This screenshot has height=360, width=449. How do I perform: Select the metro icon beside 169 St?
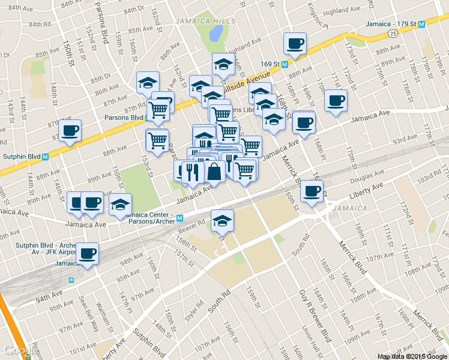[x=285, y=63]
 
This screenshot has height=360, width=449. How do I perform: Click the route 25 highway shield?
[x=391, y=34]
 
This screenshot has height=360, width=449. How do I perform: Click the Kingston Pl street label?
[x=318, y=16]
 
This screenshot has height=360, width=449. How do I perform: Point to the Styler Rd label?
[x=191, y=311]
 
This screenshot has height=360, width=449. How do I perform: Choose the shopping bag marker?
[x=214, y=172]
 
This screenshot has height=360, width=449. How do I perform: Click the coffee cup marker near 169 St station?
[x=295, y=44]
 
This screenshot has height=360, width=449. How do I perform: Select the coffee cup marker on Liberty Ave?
[x=312, y=191]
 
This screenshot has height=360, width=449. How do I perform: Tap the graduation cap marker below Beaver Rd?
[x=222, y=220]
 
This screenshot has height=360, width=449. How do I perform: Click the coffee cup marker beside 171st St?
[x=336, y=100]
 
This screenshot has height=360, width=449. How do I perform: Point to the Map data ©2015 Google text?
[x=412, y=356]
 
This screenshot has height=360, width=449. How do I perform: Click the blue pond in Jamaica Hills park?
[x=215, y=32]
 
